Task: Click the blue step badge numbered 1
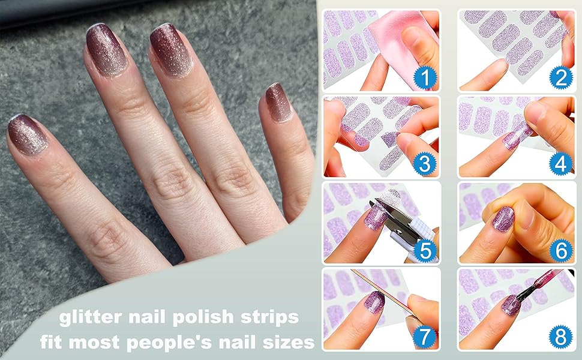425,77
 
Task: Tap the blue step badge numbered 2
560,77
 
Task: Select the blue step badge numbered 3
425,164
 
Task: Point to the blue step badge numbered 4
560,164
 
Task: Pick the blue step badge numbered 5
425,250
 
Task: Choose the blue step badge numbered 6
560,250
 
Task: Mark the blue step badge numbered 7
425,337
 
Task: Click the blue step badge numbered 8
560,337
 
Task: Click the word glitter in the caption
91,317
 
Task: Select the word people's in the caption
176,342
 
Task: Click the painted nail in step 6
503,219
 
